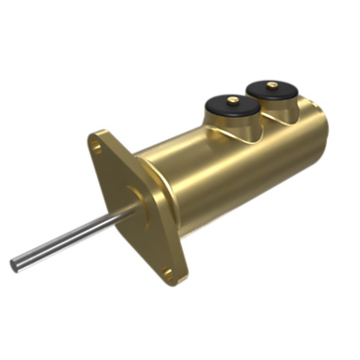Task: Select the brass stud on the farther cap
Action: [x=271, y=84]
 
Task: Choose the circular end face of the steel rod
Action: [x=15, y=264]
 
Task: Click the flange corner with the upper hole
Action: [x=95, y=141]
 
